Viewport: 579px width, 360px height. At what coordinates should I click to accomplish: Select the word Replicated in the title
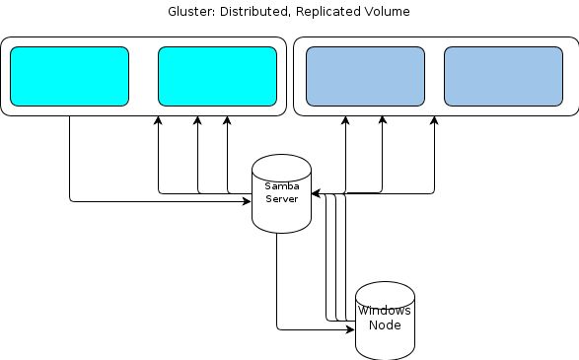tap(326, 12)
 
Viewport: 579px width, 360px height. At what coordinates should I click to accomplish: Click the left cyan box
tap(69, 76)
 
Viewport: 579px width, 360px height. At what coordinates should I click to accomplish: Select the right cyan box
tap(217, 76)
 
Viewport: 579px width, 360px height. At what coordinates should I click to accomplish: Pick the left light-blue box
tap(365, 76)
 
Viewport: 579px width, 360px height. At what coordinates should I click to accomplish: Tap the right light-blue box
tap(503, 76)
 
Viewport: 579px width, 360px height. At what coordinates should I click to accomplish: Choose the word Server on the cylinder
tap(281, 198)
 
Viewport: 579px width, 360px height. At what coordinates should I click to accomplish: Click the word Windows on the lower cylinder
tap(385, 311)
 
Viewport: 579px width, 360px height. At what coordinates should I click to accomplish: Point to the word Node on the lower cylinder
tap(385, 324)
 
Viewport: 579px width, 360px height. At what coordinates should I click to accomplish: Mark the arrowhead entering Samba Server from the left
tap(247, 201)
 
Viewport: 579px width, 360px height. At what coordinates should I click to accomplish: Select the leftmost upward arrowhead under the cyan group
tap(158, 121)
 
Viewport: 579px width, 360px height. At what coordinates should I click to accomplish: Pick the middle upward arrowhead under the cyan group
tap(197, 121)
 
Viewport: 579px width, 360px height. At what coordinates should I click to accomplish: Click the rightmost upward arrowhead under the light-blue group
tap(433, 121)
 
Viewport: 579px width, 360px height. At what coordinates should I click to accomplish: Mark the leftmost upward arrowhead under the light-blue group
tap(345, 121)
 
